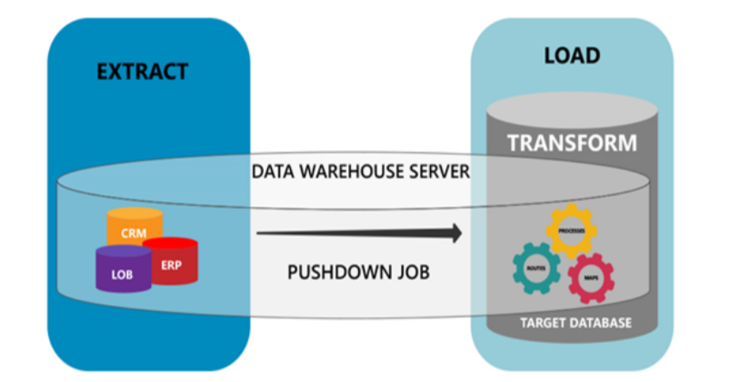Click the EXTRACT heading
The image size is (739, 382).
coord(142,70)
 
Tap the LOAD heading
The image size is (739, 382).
coord(571,55)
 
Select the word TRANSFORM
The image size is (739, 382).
coord(572,143)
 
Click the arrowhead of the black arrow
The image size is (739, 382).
coord(454,234)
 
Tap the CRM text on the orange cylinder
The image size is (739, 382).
coord(135,234)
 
